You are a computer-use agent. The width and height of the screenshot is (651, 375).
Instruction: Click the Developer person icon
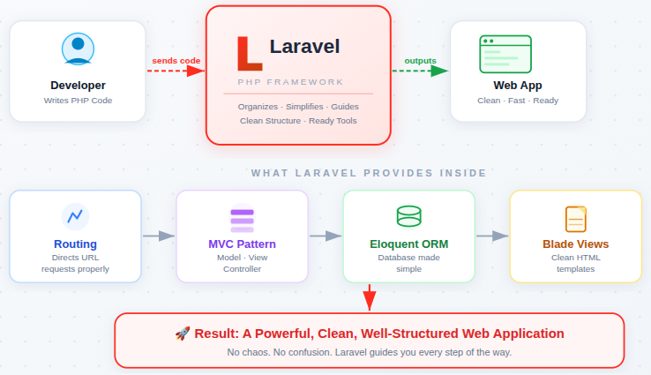click(x=78, y=49)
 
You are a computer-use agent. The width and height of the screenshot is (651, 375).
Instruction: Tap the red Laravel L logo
click(x=248, y=54)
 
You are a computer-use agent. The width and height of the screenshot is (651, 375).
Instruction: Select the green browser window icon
click(x=505, y=54)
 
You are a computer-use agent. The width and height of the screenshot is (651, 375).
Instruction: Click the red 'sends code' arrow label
click(x=176, y=61)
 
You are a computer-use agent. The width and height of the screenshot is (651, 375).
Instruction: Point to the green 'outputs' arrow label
click(x=420, y=61)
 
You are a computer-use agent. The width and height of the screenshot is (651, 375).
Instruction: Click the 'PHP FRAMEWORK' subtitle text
click(x=290, y=82)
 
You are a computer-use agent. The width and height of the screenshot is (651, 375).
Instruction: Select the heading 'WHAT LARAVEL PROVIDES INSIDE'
click(x=369, y=173)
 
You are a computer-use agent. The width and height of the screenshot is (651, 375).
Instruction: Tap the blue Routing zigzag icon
click(x=75, y=216)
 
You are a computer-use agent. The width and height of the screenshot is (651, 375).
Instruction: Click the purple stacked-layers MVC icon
click(x=242, y=219)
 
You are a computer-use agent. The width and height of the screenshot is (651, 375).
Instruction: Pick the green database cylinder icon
click(x=408, y=216)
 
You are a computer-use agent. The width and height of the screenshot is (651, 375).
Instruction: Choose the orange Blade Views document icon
click(x=575, y=218)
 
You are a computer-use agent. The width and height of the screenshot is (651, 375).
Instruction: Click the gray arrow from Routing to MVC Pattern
click(x=159, y=236)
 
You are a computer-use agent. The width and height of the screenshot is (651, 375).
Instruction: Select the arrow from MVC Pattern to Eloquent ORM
click(x=325, y=236)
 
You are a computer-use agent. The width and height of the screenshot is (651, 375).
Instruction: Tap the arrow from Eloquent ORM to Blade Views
click(x=492, y=236)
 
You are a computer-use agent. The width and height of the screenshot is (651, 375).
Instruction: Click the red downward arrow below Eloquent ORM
click(x=370, y=297)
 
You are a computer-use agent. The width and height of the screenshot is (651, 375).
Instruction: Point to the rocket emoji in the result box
click(x=183, y=334)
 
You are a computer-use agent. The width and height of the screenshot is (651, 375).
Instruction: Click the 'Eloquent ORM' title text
click(x=408, y=244)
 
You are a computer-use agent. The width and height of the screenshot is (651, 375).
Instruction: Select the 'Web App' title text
click(x=517, y=86)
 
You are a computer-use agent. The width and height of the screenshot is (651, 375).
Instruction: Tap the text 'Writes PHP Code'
click(x=78, y=101)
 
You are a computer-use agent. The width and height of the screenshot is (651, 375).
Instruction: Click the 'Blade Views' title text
click(x=575, y=244)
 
